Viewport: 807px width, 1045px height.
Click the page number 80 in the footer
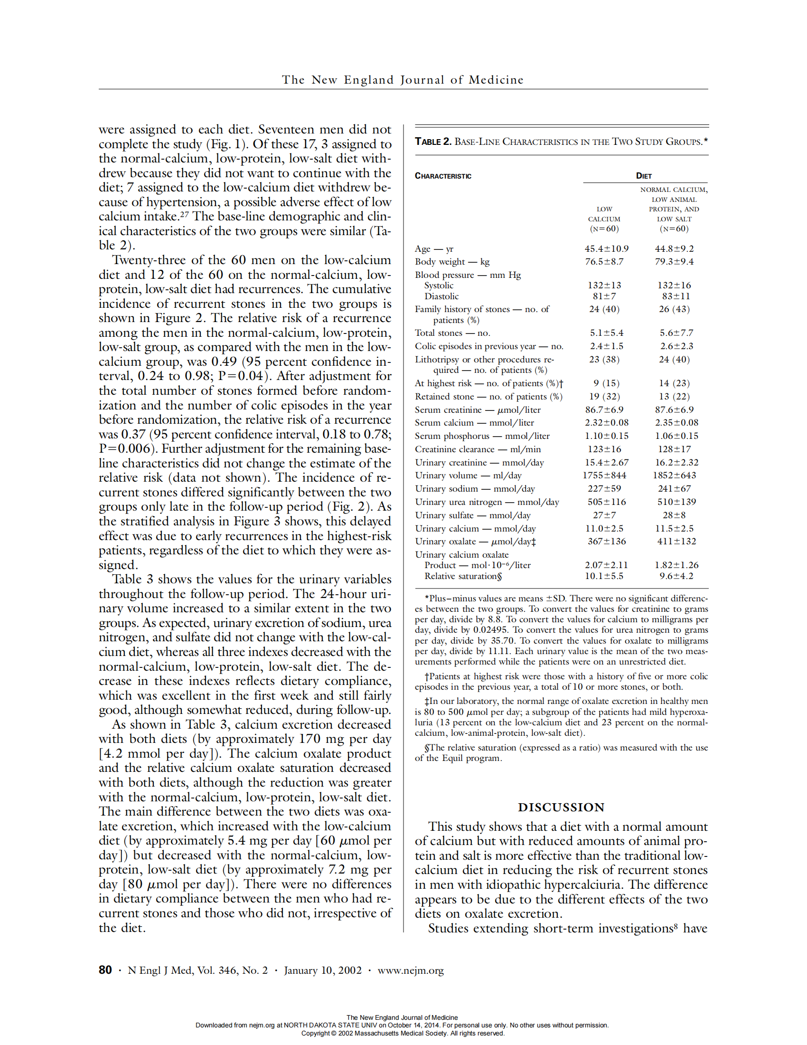tap(105, 970)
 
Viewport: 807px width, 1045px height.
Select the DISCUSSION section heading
tap(561, 807)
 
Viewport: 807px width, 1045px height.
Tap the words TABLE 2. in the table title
tap(432, 142)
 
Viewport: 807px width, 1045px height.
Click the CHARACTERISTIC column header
tap(443, 176)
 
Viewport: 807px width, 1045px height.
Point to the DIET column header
tap(644, 176)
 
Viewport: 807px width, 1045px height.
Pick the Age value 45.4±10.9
tap(606, 249)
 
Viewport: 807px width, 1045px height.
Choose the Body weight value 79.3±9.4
tap(674, 262)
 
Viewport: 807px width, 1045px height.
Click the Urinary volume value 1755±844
tap(604, 475)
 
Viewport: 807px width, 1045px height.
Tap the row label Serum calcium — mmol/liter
tap(474, 423)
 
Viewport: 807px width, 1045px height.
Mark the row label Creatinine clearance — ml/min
tap(478, 449)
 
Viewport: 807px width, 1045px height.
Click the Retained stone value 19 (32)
tap(604, 397)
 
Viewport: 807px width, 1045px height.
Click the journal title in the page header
tap(403, 80)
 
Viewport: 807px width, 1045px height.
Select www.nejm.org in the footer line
tap(410, 970)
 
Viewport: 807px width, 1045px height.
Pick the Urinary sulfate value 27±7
tap(604, 515)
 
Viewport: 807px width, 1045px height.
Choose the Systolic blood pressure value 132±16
tap(674, 285)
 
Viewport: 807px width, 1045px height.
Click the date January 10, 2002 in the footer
tap(323, 970)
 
